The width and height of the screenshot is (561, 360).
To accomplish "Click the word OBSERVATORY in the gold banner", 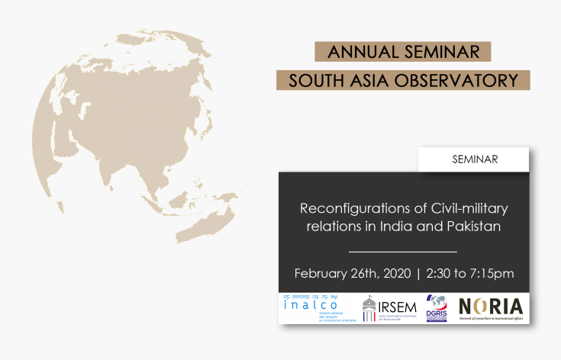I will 468,80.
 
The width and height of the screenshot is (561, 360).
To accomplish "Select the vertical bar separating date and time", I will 418,274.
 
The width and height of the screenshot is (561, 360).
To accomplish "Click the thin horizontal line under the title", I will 402,251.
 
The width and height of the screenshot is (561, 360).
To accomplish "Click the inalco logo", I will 313,308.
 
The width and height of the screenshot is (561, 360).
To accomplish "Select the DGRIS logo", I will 437,308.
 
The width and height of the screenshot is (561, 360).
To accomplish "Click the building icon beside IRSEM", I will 369,308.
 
